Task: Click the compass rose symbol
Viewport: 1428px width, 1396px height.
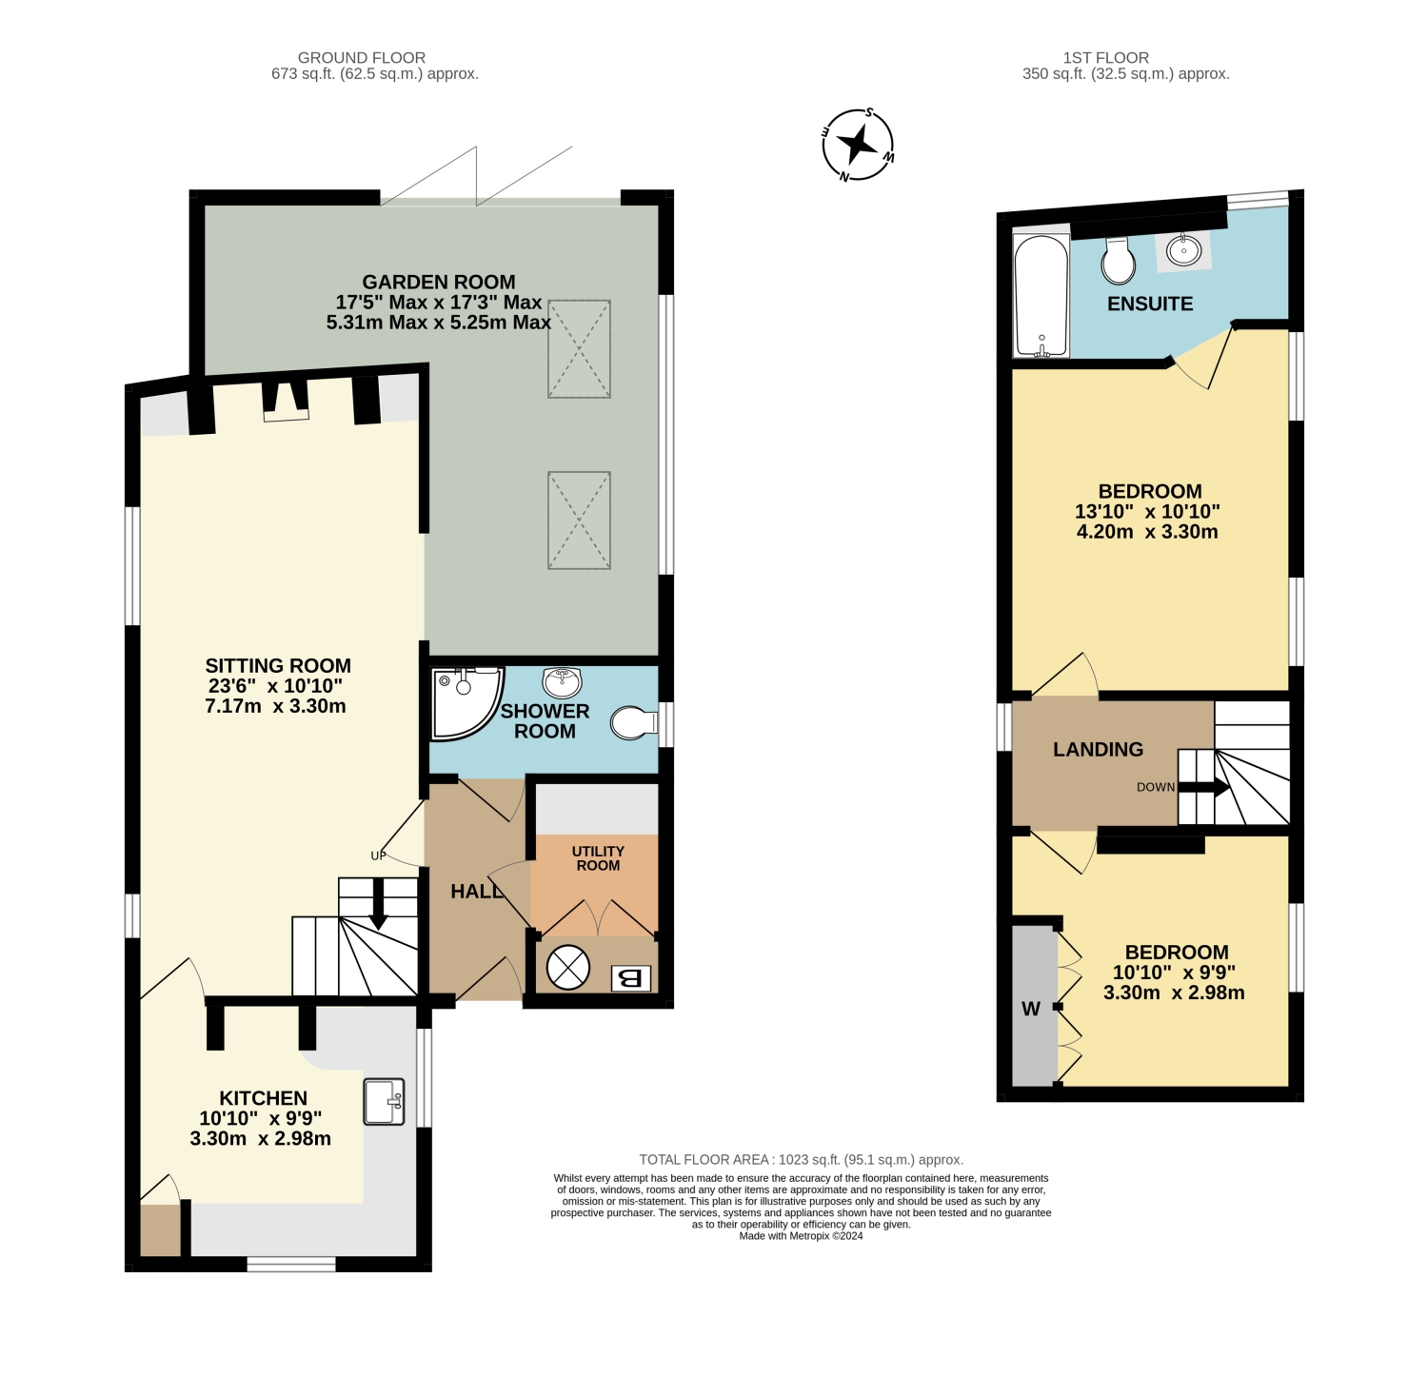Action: (x=858, y=145)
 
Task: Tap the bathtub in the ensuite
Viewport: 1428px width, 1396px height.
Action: (x=1041, y=295)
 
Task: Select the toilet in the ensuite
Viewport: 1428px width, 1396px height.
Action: (x=1119, y=261)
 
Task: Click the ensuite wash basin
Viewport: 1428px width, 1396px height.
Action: (x=1184, y=250)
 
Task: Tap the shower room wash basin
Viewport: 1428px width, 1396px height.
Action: (x=562, y=681)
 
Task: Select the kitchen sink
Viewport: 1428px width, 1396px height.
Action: (x=385, y=1101)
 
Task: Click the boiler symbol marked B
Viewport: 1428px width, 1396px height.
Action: (x=631, y=977)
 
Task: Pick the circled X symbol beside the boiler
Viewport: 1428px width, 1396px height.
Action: (x=568, y=968)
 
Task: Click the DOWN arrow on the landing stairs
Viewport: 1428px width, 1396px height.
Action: (x=1203, y=787)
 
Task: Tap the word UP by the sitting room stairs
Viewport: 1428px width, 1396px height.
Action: (x=379, y=855)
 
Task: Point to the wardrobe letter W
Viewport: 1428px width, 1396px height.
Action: (x=1031, y=1009)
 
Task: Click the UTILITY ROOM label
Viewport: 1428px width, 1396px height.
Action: (x=598, y=858)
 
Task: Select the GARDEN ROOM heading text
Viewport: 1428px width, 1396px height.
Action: (x=439, y=282)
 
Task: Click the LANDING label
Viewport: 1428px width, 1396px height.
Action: (x=1098, y=749)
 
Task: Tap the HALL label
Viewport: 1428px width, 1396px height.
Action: (x=477, y=892)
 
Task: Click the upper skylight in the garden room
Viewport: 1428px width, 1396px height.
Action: (x=579, y=348)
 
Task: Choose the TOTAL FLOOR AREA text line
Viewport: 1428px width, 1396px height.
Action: (x=801, y=1159)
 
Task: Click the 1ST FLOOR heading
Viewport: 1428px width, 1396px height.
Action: (x=1106, y=58)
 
